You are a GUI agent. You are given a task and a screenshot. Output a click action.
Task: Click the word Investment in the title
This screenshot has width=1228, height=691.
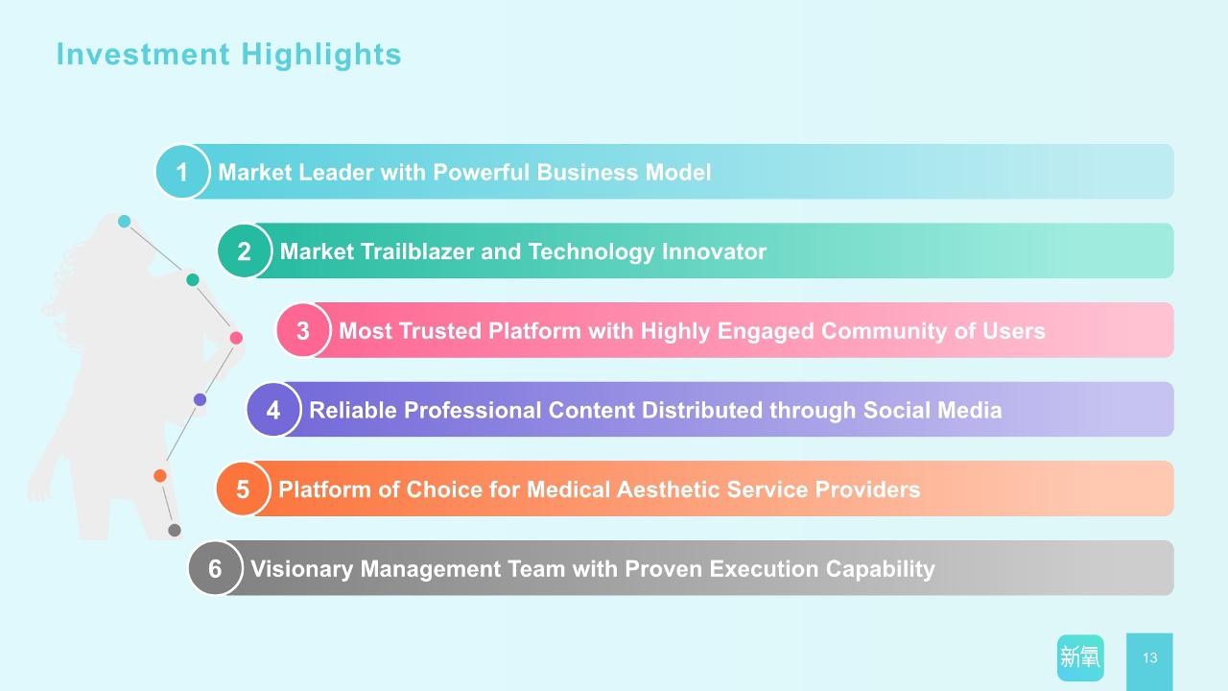[143, 55]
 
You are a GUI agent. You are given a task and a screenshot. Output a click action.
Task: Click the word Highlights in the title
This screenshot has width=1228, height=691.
[321, 56]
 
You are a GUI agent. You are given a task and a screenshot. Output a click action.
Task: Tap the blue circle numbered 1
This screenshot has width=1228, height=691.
[182, 172]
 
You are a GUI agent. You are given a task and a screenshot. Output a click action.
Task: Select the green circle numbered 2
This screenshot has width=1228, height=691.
[245, 250]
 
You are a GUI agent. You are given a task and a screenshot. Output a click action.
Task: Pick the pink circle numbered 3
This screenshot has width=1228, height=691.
[303, 330]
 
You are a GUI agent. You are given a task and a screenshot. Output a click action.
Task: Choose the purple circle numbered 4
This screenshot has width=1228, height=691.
[273, 410]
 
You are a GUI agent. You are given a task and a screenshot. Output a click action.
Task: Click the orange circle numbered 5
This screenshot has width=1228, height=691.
[243, 488]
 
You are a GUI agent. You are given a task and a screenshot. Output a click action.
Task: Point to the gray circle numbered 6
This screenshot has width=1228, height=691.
[216, 568]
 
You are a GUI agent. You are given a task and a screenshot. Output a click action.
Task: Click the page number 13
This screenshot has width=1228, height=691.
[1149, 657]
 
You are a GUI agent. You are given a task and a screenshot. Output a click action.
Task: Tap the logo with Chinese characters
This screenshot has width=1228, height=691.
[1080, 657]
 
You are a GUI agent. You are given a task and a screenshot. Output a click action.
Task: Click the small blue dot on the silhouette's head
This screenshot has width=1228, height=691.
[125, 222]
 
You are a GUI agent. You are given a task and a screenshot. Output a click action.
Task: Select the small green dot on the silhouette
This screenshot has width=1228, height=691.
[193, 279]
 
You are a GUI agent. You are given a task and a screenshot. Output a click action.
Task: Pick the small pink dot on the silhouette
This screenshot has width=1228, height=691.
[236, 338]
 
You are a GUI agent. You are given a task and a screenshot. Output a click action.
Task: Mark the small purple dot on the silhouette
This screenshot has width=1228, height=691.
[201, 400]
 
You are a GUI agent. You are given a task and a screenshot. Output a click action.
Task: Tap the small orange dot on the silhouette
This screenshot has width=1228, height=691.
[160, 475]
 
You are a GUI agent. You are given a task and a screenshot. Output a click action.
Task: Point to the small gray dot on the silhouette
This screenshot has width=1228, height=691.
[175, 530]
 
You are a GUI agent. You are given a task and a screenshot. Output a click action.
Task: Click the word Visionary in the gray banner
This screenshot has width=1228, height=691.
[301, 569]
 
